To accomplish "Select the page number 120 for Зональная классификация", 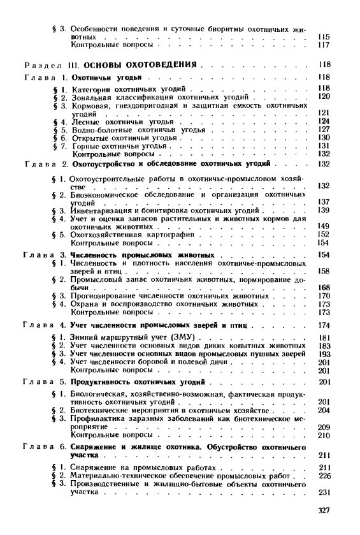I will coord(322,96).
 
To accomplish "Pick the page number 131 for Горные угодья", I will coord(322,145).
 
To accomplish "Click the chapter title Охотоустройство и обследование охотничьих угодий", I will coord(171,164).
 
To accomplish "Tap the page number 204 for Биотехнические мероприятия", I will coord(322,411).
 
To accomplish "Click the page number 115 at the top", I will coord(322,38).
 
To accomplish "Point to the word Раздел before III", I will coord(41,65).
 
